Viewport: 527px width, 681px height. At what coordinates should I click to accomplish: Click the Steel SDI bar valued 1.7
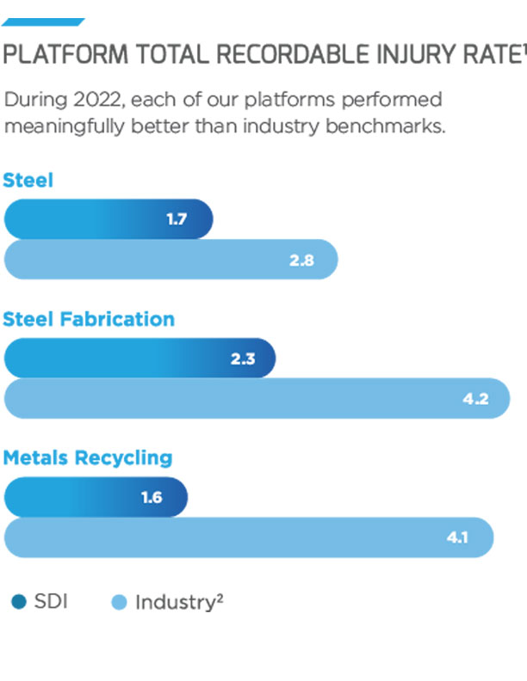coord(108,219)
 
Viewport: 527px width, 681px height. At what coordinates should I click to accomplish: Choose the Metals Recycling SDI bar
coord(96,497)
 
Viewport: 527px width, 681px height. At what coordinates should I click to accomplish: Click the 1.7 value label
coord(177,219)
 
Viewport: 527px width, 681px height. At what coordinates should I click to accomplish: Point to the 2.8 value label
coord(301,260)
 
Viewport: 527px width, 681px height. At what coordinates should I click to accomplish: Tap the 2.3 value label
coord(243,359)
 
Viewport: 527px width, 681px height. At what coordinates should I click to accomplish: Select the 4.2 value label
coord(475,399)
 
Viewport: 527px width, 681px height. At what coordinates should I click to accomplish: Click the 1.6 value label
coord(152,498)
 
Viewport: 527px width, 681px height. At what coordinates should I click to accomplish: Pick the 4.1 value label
coord(456,538)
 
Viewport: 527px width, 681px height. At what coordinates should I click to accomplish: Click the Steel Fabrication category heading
coord(89,319)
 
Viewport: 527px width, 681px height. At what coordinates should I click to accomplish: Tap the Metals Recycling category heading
coord(88,457)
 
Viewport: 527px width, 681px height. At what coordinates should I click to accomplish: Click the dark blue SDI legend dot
coord(19,602)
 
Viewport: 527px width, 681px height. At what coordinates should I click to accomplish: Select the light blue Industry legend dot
coord(120,602)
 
